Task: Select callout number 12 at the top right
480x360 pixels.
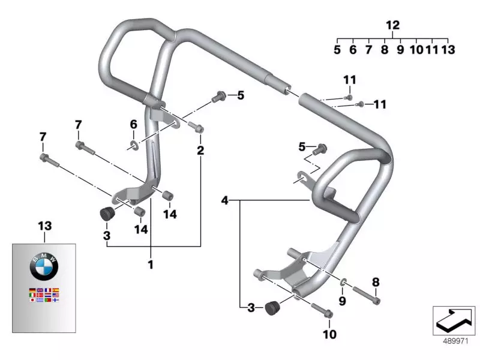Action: (x=392, y=25)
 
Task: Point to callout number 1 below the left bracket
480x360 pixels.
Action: (x=151, y=263)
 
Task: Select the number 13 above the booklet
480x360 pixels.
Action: (x=45, y=226)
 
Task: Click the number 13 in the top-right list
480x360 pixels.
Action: (x=448, y=50)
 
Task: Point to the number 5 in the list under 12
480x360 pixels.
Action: (x=337, y=50)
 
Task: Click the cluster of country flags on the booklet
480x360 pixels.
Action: (x=45, y=295)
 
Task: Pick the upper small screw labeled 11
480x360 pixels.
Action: (x=349, y=97)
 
